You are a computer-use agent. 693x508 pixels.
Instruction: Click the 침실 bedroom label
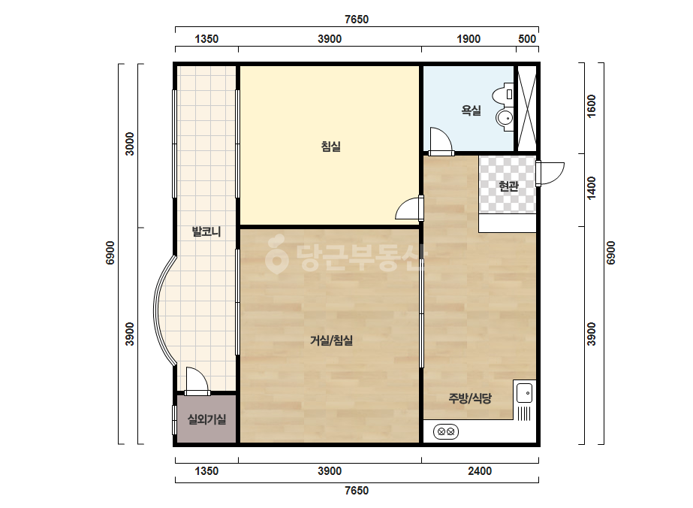click(330, 146)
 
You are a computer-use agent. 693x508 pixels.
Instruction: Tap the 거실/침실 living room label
click(331, 340)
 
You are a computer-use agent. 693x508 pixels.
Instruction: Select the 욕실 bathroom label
click(471, 110)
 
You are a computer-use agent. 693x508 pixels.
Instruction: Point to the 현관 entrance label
click(508, 186)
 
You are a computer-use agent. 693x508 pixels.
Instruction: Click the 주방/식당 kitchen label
click(470, 398)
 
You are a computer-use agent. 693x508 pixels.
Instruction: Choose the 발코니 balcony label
click(206, 231)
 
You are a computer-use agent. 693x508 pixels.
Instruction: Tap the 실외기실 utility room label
click(206, 419)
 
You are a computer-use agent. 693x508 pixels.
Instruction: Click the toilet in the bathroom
click(503, 94)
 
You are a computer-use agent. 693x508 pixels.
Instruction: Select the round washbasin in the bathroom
click(505, 118)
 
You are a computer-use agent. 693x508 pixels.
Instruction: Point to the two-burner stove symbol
click(445, 431)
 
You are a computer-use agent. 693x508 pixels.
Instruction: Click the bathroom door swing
click(441, 141)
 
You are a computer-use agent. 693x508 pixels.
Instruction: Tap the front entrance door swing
click(550, 174)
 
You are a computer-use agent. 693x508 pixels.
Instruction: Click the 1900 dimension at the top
click(469, 39)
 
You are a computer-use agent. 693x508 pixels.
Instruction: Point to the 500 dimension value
click(527, 39)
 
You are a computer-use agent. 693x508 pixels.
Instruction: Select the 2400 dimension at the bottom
click(480, 471)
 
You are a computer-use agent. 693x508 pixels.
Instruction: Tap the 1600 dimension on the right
click(592, 106)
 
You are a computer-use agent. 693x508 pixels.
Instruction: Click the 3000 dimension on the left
click(129, 144)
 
